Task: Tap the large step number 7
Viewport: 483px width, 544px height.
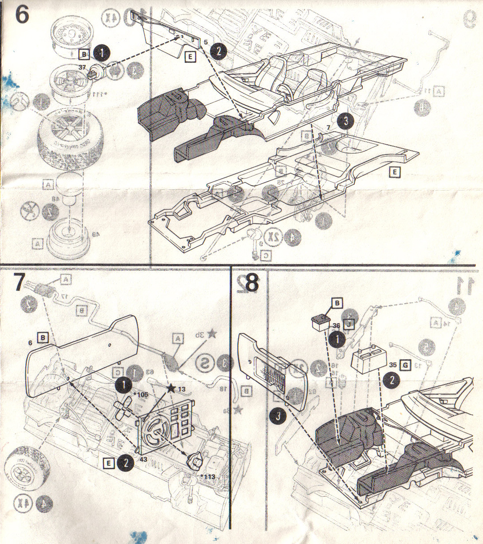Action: [19, 283]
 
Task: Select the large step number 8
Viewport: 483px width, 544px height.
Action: [252, 283]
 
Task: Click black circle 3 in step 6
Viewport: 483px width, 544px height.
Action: [345, 120]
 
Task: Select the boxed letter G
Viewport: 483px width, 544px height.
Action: [405, 365]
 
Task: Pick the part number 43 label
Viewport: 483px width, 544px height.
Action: [143, 458]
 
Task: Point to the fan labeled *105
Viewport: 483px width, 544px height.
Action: [123, 407]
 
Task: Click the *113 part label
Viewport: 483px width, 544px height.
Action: [207, 477]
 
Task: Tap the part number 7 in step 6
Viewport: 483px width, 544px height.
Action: [328, 128]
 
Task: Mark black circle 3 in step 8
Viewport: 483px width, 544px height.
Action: [278, 416]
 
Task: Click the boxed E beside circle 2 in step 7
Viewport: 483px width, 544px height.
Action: [107, 463]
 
